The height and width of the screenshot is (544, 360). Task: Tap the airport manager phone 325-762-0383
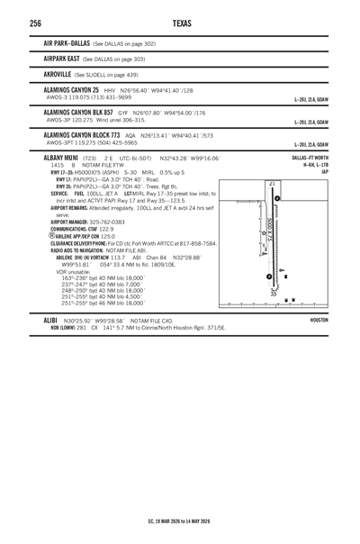coord(112,222)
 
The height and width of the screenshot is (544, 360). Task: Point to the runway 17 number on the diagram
coord(271,184)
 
